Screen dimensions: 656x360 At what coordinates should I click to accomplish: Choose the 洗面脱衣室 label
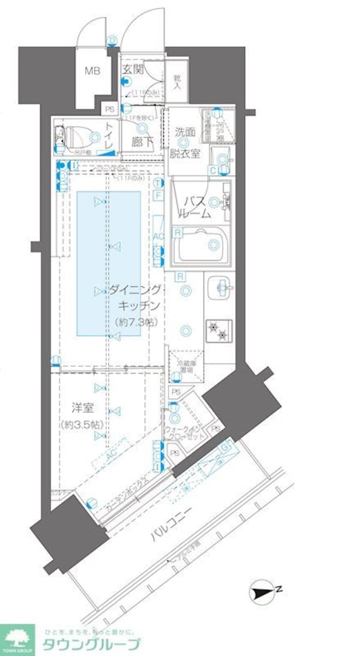coord(188,142)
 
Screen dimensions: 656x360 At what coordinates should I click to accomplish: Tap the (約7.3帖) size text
coord(135,322)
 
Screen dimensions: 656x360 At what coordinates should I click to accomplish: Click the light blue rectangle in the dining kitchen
coord(109,264)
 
